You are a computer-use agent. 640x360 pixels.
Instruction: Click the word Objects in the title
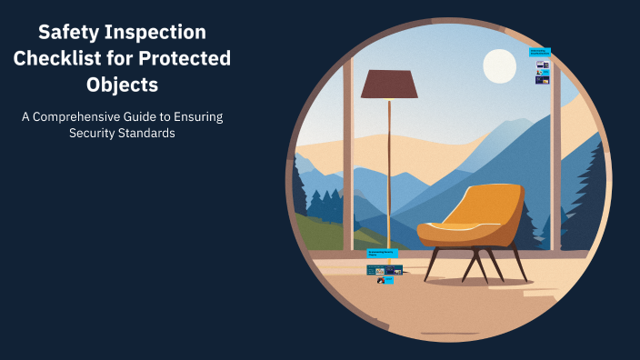tap(123, 86)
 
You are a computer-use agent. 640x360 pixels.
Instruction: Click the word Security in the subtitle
tap(95, 134)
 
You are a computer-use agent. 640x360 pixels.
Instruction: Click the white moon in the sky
tap(499, 65)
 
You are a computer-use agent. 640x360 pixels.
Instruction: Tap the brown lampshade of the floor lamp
tap(389, 85)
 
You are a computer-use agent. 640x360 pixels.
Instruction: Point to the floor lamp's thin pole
tap(389, 173)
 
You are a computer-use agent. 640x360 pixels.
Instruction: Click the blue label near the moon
tap(541, 52)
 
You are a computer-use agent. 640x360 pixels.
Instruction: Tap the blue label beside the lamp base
tap(381, 253)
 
